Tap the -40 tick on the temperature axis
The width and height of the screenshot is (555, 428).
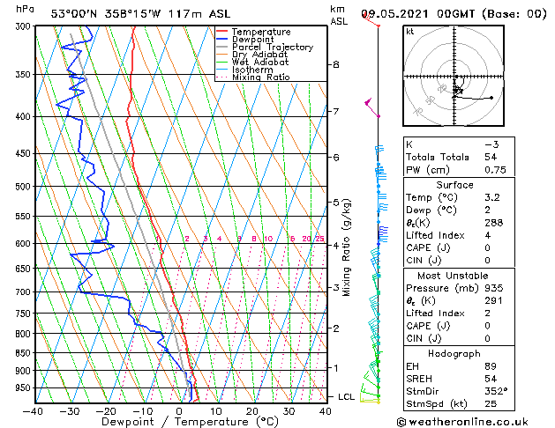coord(34,410)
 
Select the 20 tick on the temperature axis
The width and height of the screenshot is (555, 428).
coord(252,410)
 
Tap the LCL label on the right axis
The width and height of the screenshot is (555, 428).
coord(346,397)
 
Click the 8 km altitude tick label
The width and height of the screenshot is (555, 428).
coord(336,64)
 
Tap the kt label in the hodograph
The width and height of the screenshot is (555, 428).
coord(410,32)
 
